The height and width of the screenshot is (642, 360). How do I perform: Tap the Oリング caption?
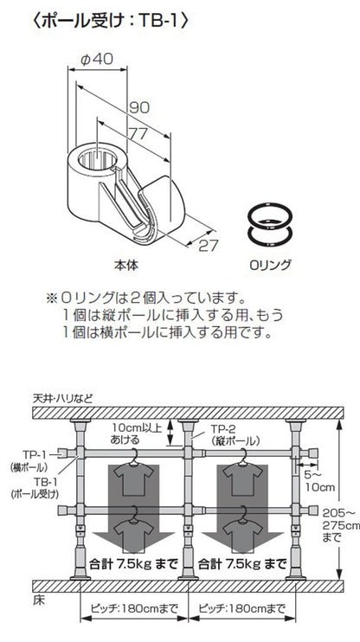tap(269, 263)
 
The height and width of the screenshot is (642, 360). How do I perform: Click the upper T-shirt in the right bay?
tap(239, 475)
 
